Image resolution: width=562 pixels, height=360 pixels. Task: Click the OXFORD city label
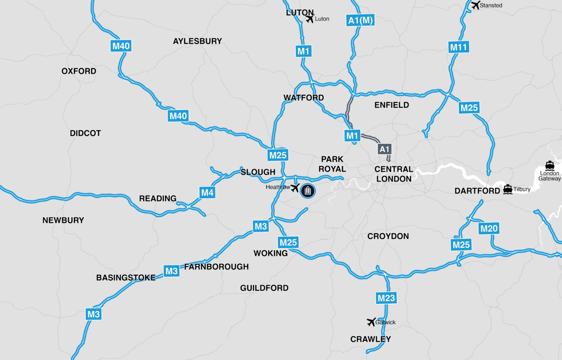[x=79, y=71]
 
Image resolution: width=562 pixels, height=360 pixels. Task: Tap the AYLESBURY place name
[x=197, y=41]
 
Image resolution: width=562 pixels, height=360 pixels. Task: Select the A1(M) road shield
[x=360, y=20]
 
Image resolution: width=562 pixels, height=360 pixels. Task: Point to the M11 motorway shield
[x=458, y=47]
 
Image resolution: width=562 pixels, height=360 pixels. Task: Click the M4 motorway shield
[x=207, y=193]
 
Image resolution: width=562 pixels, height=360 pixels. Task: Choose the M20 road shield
[x=489, y=228]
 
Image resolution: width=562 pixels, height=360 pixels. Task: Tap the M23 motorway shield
[x=386, y=298]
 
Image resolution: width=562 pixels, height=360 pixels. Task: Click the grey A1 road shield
[x=384, y=149]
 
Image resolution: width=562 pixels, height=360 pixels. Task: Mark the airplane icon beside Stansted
[x=475, y=5]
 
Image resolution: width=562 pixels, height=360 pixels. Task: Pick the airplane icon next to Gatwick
[x=371, y=322]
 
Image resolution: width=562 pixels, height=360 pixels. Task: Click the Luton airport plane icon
[x=310, y=19]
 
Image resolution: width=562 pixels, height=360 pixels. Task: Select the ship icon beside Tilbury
[x=507, y=189]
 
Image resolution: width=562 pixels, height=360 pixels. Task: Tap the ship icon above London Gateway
[x=550, y=165]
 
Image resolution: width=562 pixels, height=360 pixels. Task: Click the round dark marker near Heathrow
[x=308, y=190]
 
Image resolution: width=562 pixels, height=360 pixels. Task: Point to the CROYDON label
[x=388, y=236]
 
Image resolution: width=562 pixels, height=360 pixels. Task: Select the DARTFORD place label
[x=477, y=191]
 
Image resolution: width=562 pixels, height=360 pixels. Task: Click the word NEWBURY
[x=63, y=220]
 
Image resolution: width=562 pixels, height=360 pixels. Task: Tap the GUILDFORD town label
[x=264, y=288]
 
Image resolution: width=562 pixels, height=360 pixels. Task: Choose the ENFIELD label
[x=391, y=105]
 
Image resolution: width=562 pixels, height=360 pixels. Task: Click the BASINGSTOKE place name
[x=125, y=278]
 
